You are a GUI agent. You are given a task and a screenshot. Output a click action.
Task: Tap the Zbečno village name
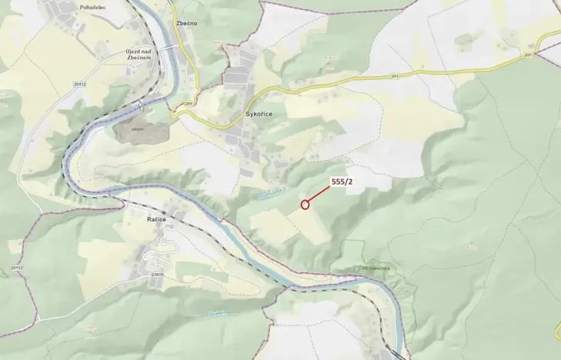pos(186,23)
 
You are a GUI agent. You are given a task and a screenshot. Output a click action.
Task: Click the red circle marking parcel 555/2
pos(306,205)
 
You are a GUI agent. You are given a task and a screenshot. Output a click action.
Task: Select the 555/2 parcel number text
pos(342,182)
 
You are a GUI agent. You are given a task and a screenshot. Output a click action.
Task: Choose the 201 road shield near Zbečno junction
pos(188,104)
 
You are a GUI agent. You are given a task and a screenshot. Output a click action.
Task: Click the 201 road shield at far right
pos(528,55)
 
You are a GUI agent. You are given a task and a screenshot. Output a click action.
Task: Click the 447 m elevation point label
pos(471,248)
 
